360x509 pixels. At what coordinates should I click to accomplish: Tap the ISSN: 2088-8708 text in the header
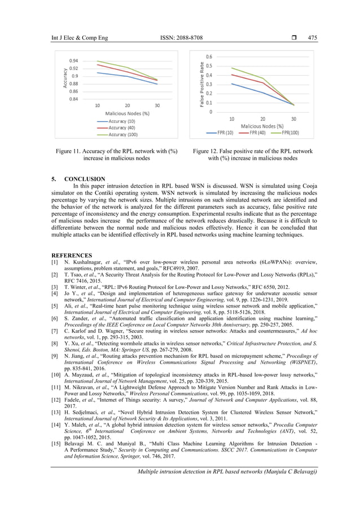[180, 38]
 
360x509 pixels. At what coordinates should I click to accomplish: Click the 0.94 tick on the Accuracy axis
[73, 60]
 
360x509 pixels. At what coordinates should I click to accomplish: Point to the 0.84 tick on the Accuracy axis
[73, 99]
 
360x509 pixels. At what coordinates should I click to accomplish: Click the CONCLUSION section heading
[84, 179]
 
